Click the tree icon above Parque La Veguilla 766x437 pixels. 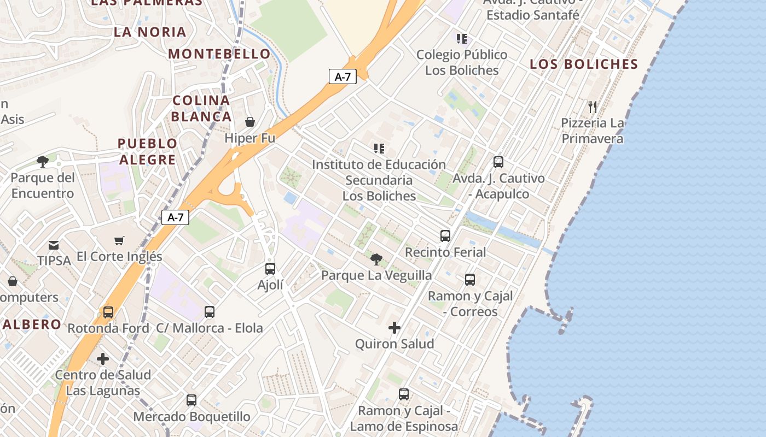pos(376,259)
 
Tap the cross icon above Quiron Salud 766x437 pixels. pos(394,328)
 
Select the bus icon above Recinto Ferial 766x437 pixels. pos(445,236)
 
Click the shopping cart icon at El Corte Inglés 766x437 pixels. pos(119,240)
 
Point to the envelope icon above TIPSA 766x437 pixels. pos(54,245)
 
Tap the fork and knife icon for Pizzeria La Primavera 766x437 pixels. pos(593,107)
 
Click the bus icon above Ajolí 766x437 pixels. pos(270,269)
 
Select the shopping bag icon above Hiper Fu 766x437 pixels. pos(250,122)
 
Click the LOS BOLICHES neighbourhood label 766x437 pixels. pos(584,64)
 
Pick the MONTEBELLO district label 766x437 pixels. pos(219,54)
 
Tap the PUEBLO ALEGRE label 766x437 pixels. pos(148,151)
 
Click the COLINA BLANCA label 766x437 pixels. pos(201,108)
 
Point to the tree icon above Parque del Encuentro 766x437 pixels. pos(42,162)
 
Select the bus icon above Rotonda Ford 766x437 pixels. pos(108,312)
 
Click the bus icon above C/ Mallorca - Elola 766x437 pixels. pos(210,312)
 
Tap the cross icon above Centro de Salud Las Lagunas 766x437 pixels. pos(103,359)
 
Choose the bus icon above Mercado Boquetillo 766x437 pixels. pos(191,400)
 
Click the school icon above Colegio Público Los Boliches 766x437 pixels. pos(462,39)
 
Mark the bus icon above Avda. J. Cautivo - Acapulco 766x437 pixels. pos(498,162)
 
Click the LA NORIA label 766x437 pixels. pos(150,32)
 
